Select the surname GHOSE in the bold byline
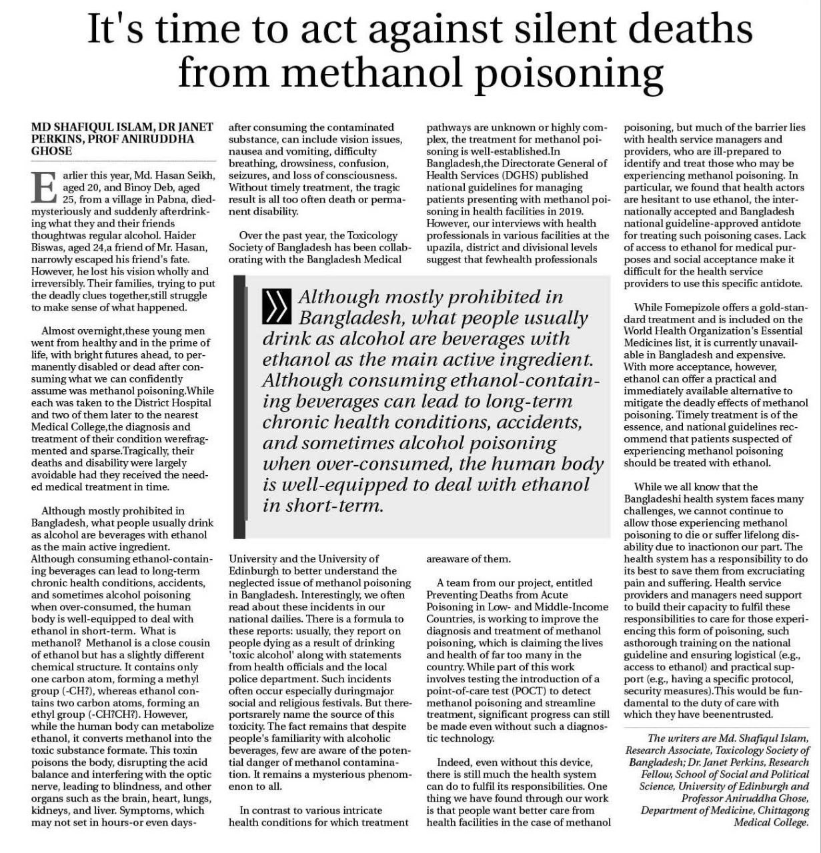(x=51, y=151)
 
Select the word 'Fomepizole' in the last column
(x=700, y=307)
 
